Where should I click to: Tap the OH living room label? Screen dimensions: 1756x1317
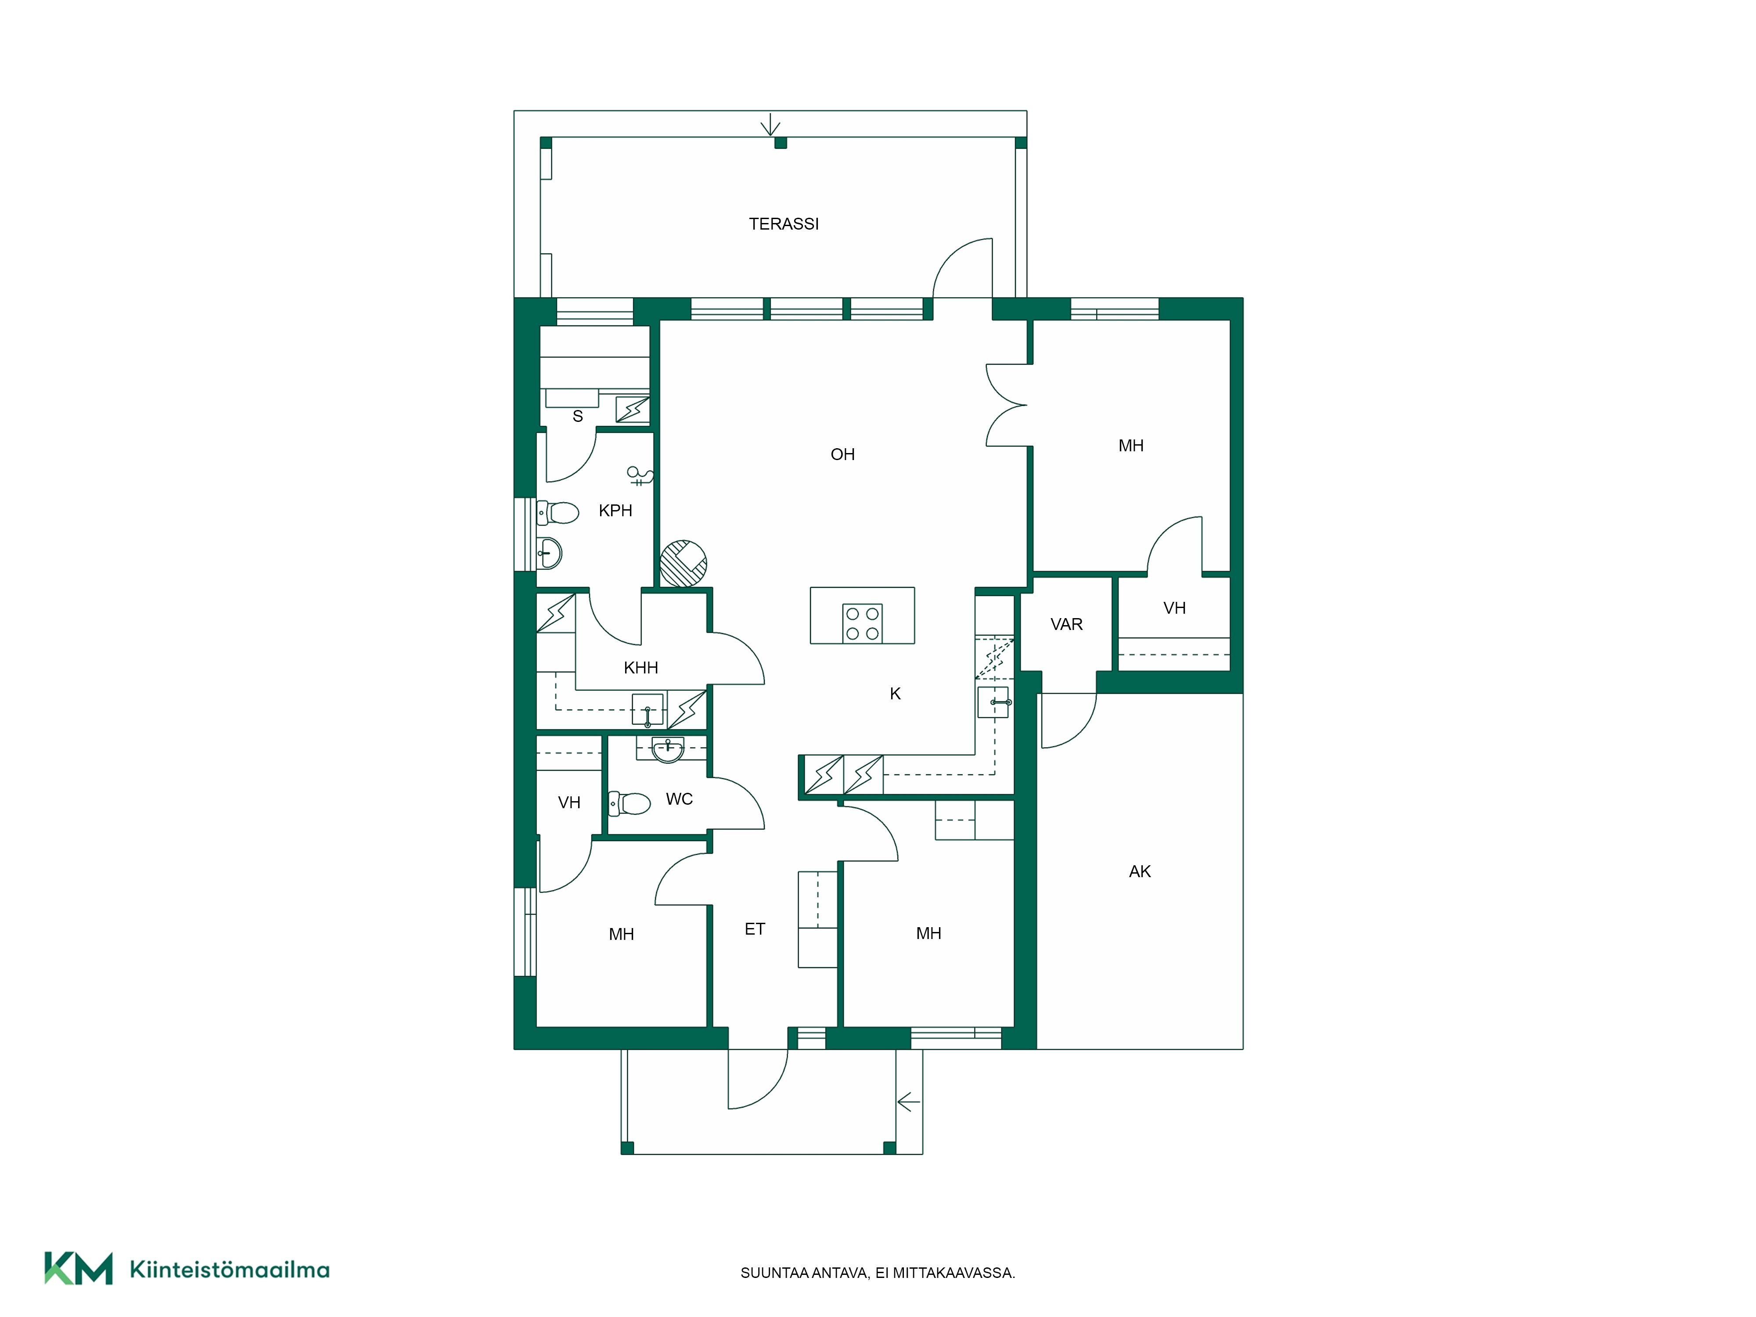[x=842, y=454]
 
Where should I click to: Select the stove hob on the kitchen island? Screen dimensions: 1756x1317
[x=862, y=623]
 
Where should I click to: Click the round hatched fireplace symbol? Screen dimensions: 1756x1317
[x=684, y=564]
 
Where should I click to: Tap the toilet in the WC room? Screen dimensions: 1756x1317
[x=630, y=803]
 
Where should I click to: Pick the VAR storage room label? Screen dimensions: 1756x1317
[x=1066, y=625]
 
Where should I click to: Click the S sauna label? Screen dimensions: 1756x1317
[x=578, y=416]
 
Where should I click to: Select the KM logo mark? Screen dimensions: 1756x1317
[x=79, y=1268]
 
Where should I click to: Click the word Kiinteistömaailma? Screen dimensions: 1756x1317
[x=230, y=1270]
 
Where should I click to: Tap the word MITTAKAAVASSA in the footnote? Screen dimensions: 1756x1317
[x=954, y=1273]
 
